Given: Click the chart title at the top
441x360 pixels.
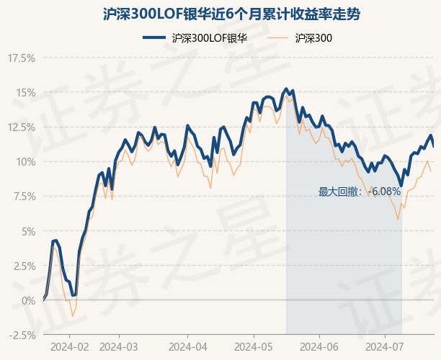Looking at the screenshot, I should (220, 14).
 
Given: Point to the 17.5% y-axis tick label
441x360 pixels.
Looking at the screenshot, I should (21, 58).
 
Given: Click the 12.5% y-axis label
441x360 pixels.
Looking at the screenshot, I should (21, 127).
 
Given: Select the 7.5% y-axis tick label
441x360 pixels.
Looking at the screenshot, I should (22, 196).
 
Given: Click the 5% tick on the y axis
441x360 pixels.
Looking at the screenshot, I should (27, 231).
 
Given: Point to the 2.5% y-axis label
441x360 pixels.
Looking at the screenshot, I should (22, 266).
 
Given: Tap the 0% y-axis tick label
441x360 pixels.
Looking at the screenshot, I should (27, 300).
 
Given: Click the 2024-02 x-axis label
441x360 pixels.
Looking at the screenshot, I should (69, 346).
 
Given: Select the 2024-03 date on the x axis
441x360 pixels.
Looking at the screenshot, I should (118, 346).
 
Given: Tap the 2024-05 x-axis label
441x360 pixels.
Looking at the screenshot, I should (254, 346).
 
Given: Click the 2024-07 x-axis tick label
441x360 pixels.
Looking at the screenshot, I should (383, 346).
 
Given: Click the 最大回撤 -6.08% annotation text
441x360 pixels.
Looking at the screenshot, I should (360, 192).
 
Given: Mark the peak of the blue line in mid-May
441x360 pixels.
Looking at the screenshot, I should (286, 89).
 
